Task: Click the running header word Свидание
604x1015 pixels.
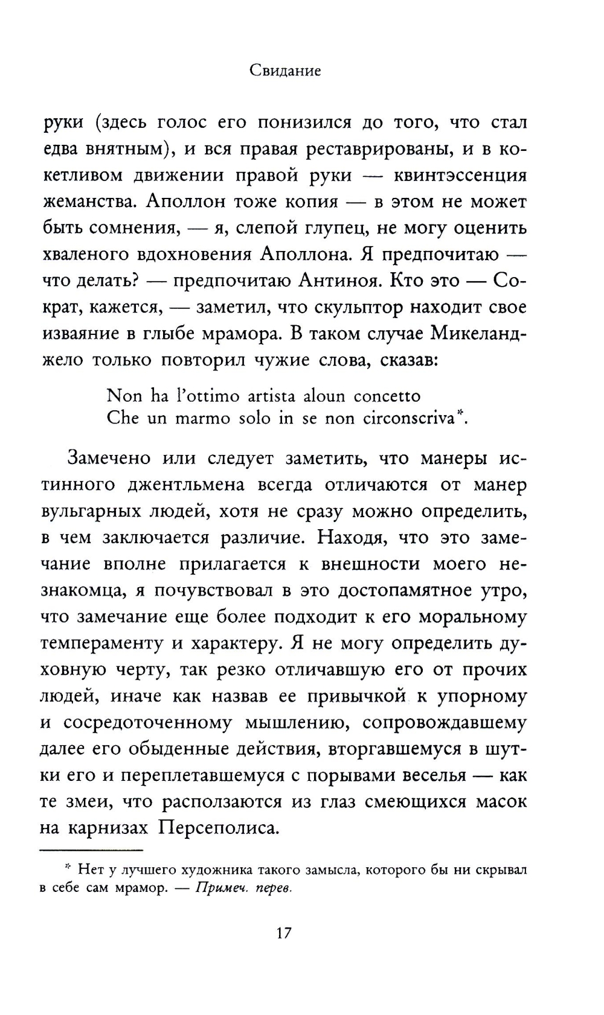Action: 285,71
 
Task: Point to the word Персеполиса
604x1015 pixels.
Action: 218,827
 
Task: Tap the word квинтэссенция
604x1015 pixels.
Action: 460,175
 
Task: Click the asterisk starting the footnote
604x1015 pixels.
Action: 68,868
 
